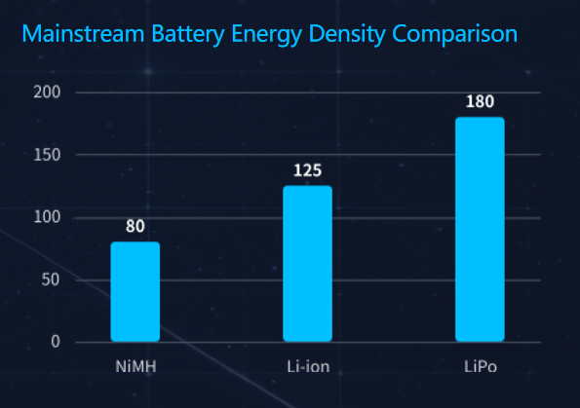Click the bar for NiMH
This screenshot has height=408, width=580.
(135, 292)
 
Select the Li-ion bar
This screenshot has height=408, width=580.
(307, 264)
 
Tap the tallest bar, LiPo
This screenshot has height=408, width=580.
(480, 230)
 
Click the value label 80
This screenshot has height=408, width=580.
(135, 227)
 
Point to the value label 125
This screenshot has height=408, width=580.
(307, 171)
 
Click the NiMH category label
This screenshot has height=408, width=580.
(135, 368)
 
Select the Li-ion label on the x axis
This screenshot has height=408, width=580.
(307, 368)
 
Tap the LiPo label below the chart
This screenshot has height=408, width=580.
(480, 368)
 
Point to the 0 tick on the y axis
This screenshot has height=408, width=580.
(55, 342)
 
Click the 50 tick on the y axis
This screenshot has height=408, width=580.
(50, 279)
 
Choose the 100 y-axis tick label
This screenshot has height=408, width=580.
(47, 217)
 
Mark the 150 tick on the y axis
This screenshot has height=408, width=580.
(47, 155)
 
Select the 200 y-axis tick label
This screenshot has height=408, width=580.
(47, 93)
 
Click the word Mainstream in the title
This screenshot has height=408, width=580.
(80, 35)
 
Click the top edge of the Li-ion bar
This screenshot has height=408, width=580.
(307, 187)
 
